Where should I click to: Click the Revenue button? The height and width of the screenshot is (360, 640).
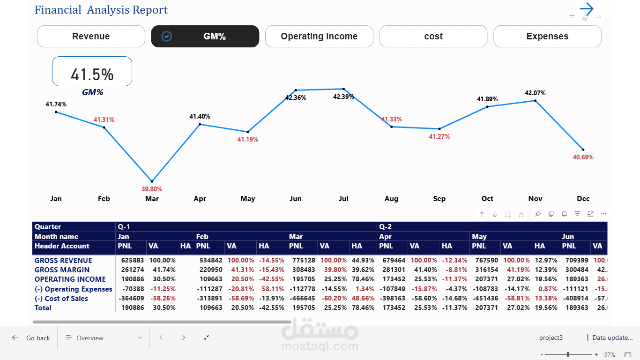[x=91, y=37]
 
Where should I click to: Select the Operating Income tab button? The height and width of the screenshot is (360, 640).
[x=319, y=37]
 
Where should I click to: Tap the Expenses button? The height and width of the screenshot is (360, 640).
[x=547, y=37]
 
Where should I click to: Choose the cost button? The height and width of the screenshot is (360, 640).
[x=433, y=37]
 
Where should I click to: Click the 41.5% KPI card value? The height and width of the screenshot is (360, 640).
[x=92, y=75]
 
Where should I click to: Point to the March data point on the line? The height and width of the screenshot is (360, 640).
[x=152, y=181]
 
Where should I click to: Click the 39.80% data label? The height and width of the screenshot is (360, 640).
[x=152, y=189]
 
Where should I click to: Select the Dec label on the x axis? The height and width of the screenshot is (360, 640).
[x=583, y=199]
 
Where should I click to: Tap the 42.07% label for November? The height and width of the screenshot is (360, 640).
[x=535, y=93]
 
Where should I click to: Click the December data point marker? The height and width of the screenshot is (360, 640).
[x=583, y=150]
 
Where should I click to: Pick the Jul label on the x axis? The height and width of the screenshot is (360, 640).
[x=343, y=199]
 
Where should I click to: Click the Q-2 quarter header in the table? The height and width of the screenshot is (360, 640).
[x=386, y=227]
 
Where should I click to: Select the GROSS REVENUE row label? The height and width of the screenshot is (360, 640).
[x=63, y=261]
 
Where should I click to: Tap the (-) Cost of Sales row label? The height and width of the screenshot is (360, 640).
[x=61, y=299]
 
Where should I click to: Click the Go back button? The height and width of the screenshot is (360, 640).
[x=31, y=338]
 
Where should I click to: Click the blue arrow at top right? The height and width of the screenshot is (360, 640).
[x=586, y=9]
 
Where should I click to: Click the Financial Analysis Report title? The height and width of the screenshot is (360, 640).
[x=101, y=10]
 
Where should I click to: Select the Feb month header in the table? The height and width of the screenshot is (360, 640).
[x=202, y=237]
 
